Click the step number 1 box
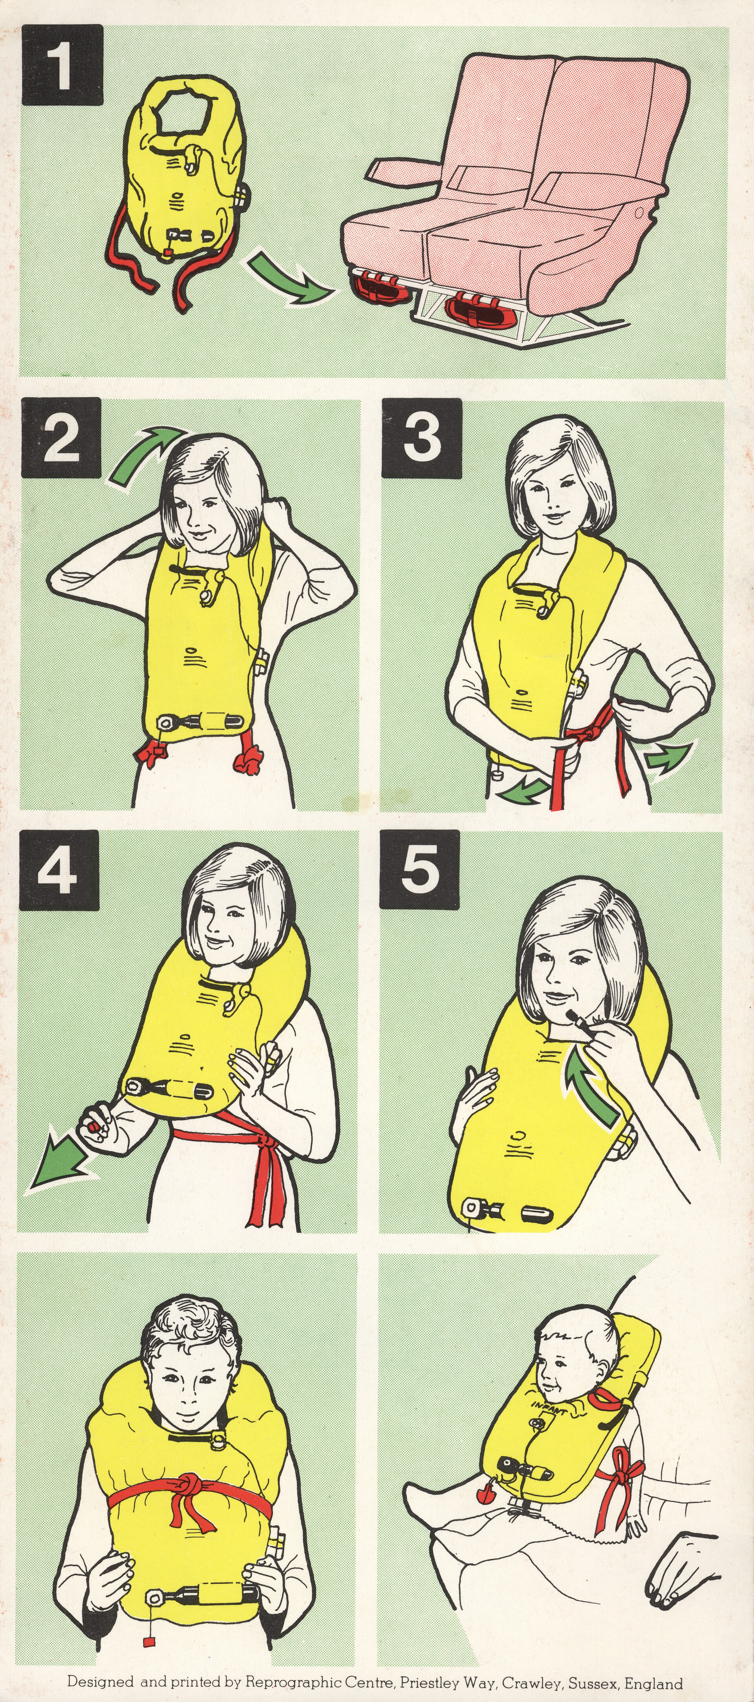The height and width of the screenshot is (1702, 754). tap(63, 65)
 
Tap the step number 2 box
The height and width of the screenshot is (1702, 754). tap(61, 438)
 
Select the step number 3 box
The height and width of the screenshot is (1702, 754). tap(422, 438)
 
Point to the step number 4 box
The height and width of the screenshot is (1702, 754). tap(59, 871)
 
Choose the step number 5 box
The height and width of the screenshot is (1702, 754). tap(420, 870)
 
